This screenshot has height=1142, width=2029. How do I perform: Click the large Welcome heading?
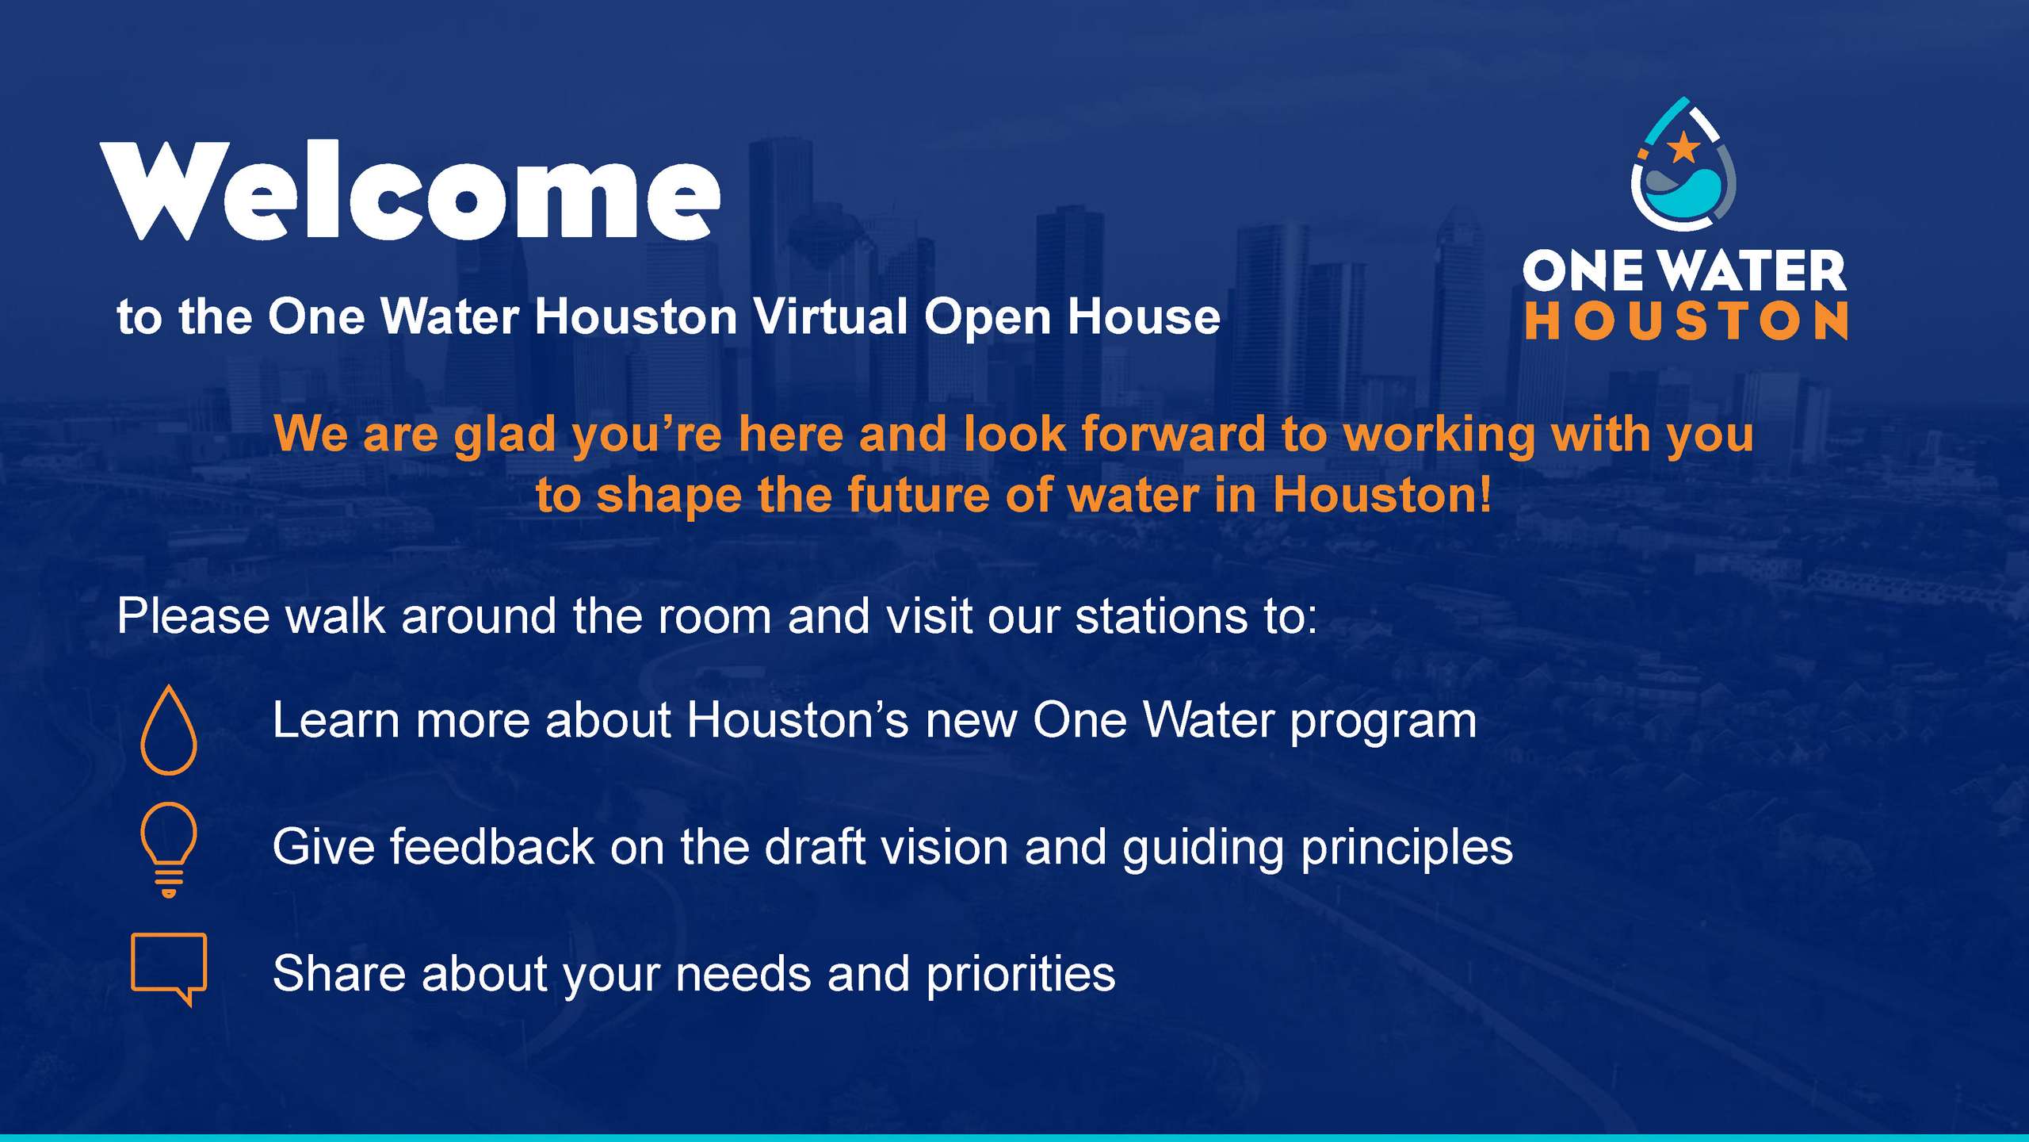(x=411, y=191)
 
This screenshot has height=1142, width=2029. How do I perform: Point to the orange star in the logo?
(x=1683, y=148)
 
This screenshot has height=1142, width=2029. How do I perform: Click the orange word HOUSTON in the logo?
(x=1686, y=320)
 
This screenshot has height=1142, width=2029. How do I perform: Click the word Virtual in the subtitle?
(x=830, y=316)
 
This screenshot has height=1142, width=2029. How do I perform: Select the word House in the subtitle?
(x=1144, y=316)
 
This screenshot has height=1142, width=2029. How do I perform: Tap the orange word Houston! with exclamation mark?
(x=1382, y=495)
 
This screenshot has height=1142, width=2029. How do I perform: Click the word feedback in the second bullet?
(x=491, y=846)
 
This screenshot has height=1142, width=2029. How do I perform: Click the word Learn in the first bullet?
(x=336, y=721)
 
